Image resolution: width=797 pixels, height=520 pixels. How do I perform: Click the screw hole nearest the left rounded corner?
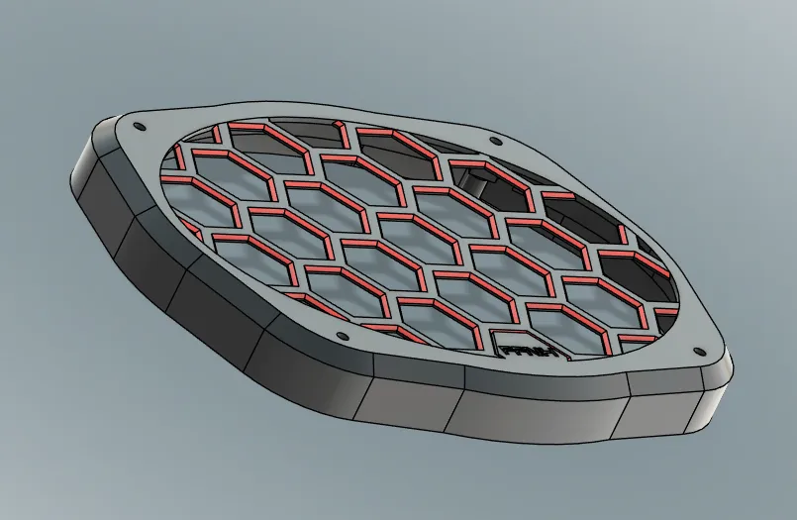(x=138, y=127)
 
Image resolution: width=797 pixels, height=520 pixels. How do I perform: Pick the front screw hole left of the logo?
(x=343, y=336)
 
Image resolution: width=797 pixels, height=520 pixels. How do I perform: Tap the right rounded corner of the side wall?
(x=718, y=401)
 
